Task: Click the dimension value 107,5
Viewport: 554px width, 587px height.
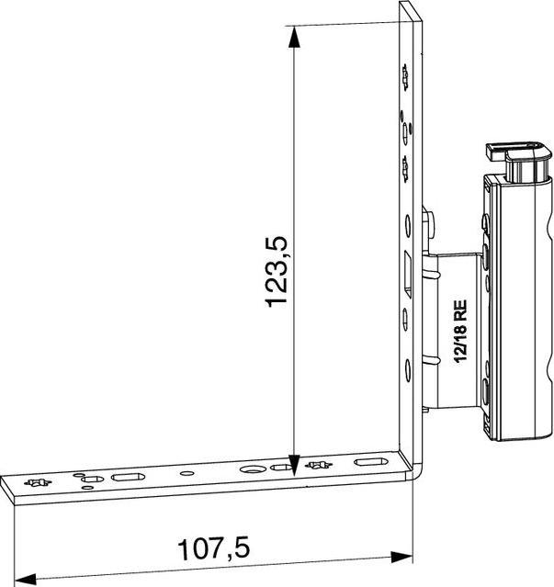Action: [214, 548]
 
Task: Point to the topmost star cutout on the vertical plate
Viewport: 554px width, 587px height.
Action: [404, 79]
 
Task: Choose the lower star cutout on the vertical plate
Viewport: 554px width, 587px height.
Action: [405, 165]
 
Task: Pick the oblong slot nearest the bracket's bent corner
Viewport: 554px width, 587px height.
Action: [371, 461]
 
